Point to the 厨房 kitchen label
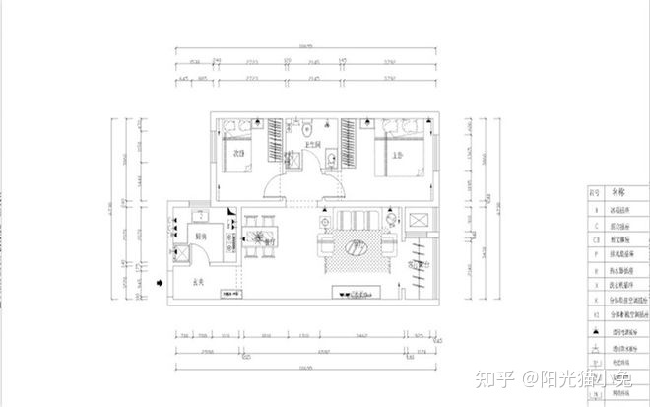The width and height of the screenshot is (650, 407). click(x=198, y=237)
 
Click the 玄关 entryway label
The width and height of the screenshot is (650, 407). click(x=197, y=283)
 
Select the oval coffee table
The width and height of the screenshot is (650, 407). click(x=357, y=246)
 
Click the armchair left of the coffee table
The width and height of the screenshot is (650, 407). click(x=325, y=243)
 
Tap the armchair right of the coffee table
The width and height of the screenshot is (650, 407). click(x=391, y=243)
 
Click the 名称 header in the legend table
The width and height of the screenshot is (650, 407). click(x=618, y=193)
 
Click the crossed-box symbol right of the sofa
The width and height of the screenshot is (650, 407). click(x=418, y=220)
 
